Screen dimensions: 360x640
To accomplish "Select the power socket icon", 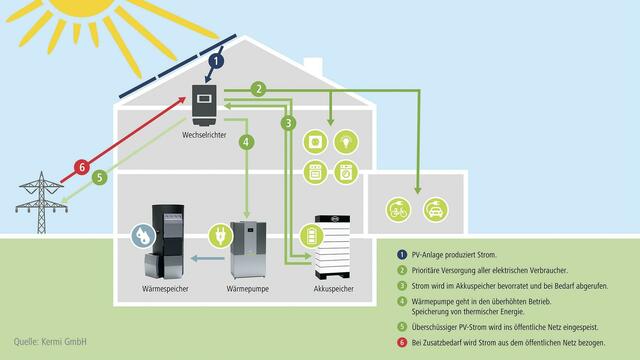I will coord(315,141).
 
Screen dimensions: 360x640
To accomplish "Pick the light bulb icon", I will coord(345,141).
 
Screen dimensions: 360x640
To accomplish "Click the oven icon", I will coord(315,171).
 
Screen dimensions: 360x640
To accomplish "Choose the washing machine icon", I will coord(345,171).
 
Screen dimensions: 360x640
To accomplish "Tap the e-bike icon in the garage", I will coord(399,211).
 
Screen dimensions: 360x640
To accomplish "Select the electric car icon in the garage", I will coord(435,211).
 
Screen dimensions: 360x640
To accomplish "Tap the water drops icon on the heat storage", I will coord(144,238).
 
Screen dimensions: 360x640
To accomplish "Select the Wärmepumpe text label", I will coord(246,290).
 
